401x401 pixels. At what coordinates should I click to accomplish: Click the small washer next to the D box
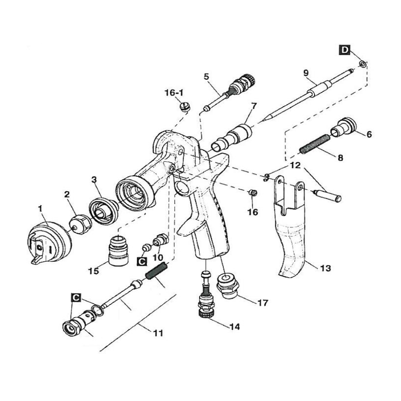point(362,63)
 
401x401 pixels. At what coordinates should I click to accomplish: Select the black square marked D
point(345,50)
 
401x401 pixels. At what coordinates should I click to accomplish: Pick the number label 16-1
point(174,93)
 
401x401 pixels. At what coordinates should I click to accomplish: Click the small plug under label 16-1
point(184,107)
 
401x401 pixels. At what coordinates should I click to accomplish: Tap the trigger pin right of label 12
point(327,195)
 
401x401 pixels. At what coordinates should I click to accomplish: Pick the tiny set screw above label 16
point(253,194)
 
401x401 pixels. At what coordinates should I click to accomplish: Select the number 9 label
point(306,73)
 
